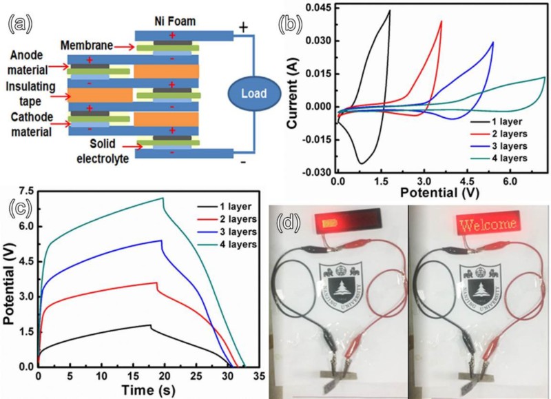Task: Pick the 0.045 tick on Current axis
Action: pos(318,8)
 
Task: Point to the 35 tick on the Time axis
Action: pos(260,376)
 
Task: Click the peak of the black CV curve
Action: pos(389,10)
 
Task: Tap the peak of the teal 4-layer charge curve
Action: pos(163,198)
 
